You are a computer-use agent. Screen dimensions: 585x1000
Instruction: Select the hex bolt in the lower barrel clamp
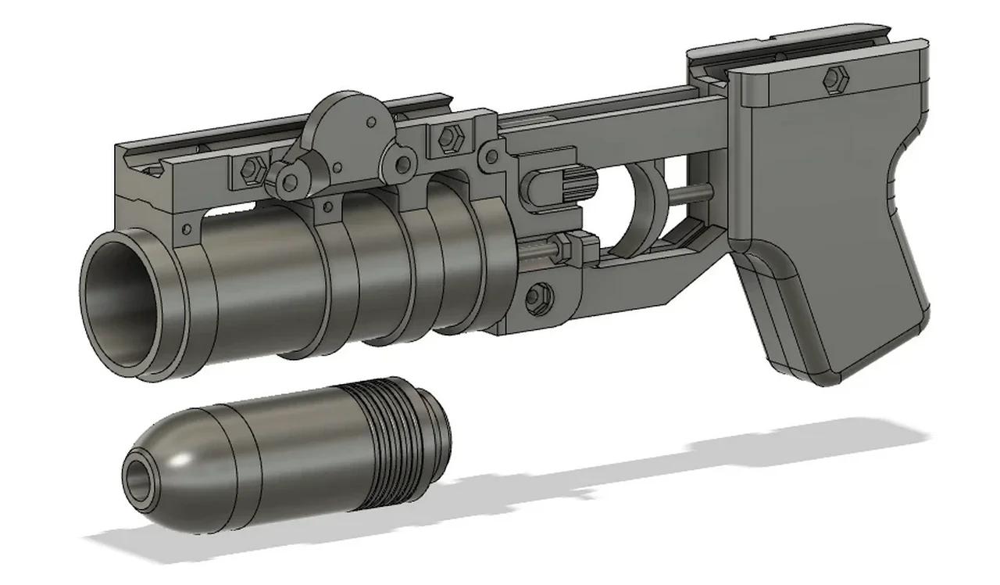pyautogui.click(x=537, y=296)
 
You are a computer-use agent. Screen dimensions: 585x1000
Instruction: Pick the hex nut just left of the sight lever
pyautogui.click(x=251, y=167)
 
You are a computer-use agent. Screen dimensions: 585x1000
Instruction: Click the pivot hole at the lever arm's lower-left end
pyautogui.click(x=290, y=182)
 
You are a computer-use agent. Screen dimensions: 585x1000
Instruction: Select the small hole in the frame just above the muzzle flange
pyautogui.click(x=186, y=229)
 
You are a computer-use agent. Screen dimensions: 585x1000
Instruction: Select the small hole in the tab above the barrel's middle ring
pyautogui.click(x=328, y=208)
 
